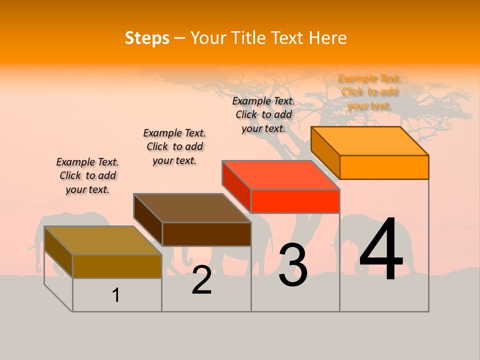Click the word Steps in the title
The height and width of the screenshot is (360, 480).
pos(147,38)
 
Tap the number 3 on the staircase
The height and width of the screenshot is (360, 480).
pos(293,265)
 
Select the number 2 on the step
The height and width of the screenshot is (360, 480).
pos(201,280)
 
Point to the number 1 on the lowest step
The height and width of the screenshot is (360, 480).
pos(116,295)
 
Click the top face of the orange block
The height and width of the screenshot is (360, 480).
pos(370,141)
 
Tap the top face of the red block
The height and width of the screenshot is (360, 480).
pos(281,175)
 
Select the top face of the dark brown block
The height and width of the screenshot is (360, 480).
pos(192,208)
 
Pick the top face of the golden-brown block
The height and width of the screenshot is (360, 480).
pos(103,240)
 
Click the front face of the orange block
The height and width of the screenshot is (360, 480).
pos(384,167)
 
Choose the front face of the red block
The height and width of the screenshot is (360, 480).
pos(295,201)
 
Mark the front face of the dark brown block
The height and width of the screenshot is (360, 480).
pos(206,234)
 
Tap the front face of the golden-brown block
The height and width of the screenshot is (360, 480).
pos(117,266)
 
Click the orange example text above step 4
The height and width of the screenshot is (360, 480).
pos(369,92)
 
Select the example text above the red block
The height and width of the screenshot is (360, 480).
pos(263,114)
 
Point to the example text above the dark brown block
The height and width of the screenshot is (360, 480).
pos(174,146)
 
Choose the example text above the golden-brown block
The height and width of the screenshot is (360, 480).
pos(87,175)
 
